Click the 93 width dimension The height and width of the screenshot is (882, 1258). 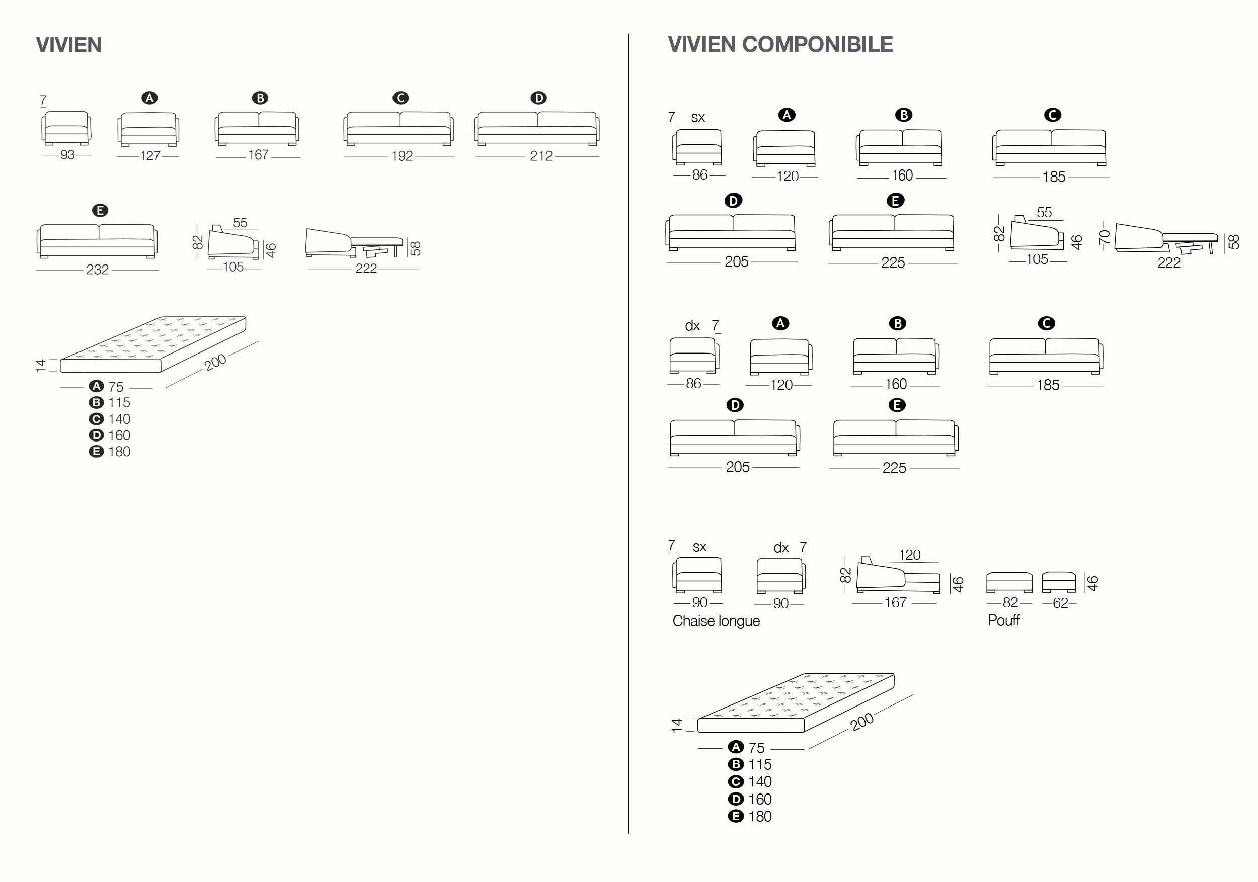pos(67,155)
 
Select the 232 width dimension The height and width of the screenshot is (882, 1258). pos(97,270)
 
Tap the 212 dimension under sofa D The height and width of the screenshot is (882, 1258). pos(541,156)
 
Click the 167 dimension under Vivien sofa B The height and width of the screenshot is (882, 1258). pos(258,155)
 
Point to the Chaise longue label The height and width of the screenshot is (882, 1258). pos(716,621)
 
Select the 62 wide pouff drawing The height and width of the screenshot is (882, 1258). pos(1059,582)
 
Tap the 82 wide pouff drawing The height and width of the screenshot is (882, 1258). pos(1009,582)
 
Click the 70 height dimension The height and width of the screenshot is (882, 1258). pos(1105,236)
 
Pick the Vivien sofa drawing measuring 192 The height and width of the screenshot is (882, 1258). pos(399,129)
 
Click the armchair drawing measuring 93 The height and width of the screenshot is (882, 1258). pos(66,128)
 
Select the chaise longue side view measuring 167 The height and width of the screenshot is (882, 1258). pos(898,576)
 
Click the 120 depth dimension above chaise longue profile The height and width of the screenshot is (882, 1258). pos(909,555)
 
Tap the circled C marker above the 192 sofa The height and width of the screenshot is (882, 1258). pos(401,98)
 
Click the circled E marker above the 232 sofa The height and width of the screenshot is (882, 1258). pos(100,211)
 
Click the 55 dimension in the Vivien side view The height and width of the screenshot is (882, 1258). pos(240,223)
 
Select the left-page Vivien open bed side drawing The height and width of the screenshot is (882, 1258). pos(353,244)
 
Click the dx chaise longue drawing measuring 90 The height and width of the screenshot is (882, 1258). pos(780,575)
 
